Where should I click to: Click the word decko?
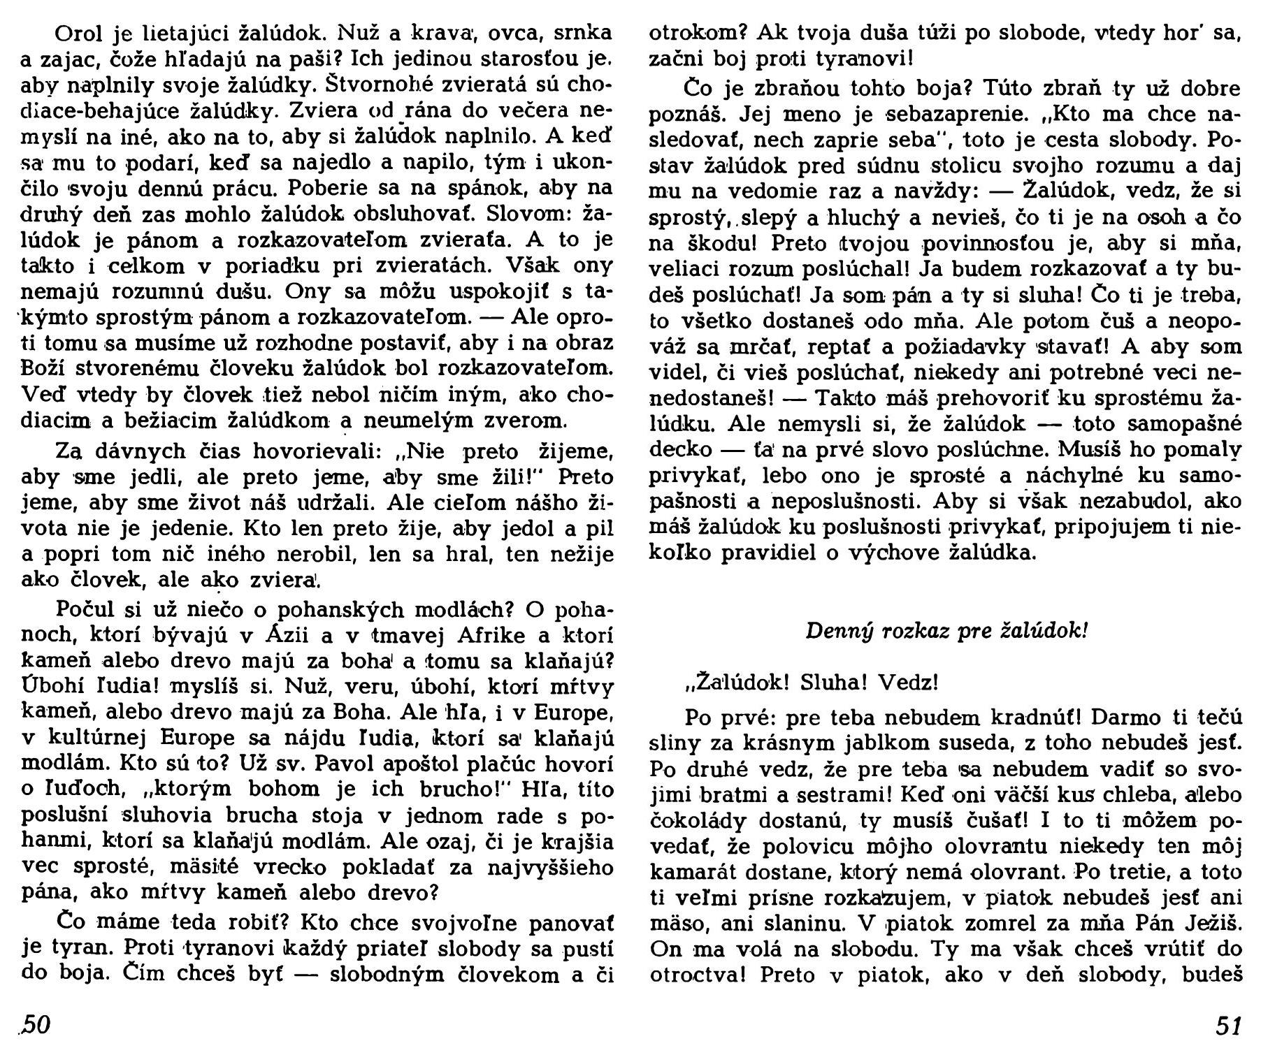tap(685, 449)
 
